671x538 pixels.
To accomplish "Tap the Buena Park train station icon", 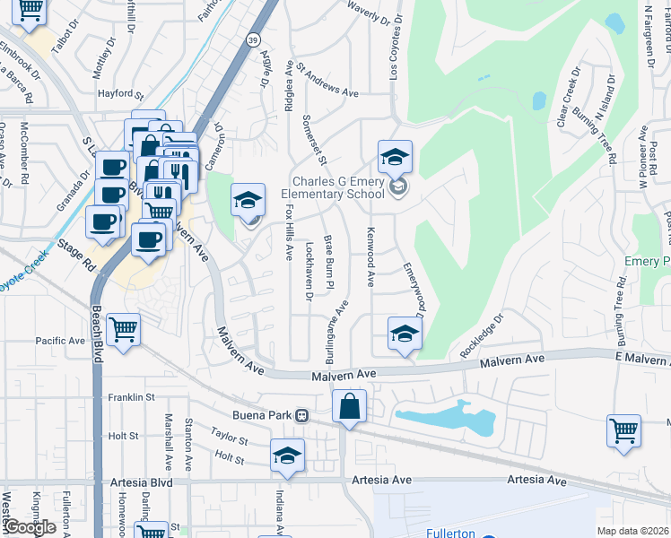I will (303, 416).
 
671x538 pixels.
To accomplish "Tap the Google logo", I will (30, 527).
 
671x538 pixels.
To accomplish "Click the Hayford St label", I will (121, 94).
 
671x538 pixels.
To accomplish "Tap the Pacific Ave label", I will (59, 341).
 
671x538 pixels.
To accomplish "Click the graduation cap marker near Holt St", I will (288, 455).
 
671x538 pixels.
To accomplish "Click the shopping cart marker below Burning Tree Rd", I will (623, 430).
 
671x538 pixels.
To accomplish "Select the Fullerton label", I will (450, 533).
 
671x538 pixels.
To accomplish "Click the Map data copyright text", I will (633, 531).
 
